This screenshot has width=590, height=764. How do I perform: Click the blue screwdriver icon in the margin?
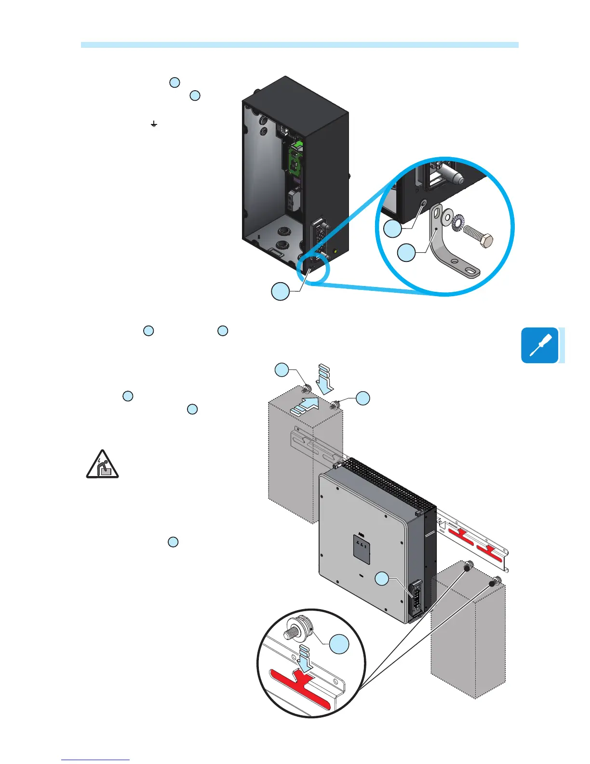click(539, 345)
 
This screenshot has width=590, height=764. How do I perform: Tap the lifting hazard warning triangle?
click(102, 464)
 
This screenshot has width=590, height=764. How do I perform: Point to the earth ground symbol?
click(153, 124)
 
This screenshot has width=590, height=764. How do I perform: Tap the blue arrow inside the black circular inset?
click(303, 658)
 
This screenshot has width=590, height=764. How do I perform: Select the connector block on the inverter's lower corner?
click(415, 600)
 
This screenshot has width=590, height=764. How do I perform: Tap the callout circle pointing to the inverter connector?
click(382, 579)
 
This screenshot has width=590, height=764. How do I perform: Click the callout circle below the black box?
click(281, 291)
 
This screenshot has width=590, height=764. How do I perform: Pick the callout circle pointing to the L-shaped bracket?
click(406, 252)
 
